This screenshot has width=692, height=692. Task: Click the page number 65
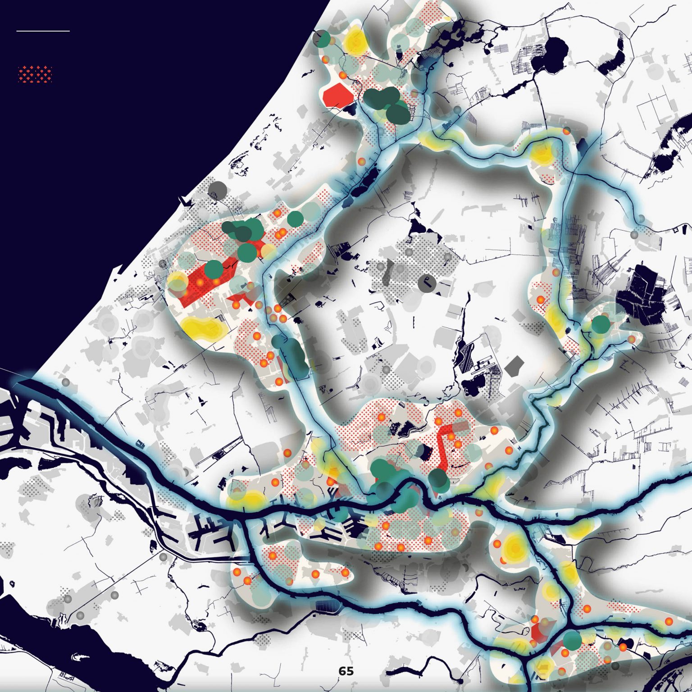click(x=346, y=671)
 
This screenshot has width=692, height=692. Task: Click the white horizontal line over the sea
click(x=43, y=31)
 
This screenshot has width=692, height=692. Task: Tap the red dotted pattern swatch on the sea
click(x=35, y=74)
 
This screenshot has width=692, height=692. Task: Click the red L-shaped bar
click(x=444, y=444)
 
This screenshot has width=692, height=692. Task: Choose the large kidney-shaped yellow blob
click(x=203, y=328)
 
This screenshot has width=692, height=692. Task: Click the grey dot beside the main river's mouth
click(x=66, y=382)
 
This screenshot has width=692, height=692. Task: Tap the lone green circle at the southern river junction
click(x=573, y=640)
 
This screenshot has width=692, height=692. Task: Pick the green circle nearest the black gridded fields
click(x=601, y=324)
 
